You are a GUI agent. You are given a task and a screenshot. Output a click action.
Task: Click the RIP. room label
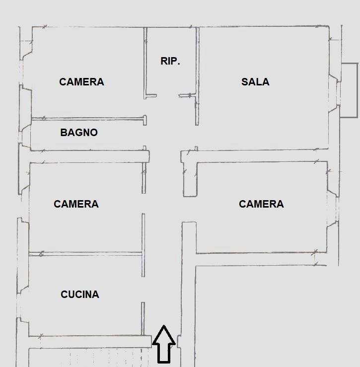tap(170, 61)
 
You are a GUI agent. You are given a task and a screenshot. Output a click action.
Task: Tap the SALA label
tap(255, 82)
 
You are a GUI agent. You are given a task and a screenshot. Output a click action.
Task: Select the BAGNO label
tap(79, 133)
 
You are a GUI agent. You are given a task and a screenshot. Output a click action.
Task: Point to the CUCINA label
tap(80, 294)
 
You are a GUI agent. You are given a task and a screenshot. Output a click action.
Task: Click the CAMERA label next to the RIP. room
tap(81, 82)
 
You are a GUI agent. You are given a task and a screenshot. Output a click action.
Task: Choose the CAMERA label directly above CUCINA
tap(76, 204)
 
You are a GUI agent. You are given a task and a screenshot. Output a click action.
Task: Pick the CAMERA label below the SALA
tap(261, 204)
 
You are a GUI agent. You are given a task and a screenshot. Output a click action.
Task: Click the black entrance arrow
tap(164, 344)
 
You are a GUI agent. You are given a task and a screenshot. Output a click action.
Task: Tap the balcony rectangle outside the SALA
tap(349, 90)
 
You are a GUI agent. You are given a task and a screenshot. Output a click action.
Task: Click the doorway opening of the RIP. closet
tap(168, 95)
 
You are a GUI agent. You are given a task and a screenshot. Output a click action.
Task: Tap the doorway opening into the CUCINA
tap(143, 290)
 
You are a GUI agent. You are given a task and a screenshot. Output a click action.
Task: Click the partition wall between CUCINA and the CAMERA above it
tap(85, 254)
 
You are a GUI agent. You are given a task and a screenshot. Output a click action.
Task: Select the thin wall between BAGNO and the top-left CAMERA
tap(89, 119)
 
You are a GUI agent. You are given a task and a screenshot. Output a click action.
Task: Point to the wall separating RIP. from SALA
tap(197, 76)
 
